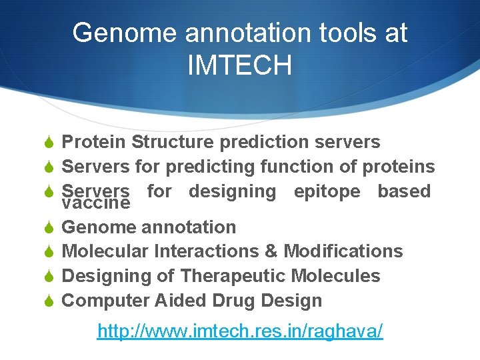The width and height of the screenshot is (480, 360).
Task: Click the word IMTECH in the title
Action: (x=239, y=65)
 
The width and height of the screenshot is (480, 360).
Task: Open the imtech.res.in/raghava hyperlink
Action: (x=240, y=331)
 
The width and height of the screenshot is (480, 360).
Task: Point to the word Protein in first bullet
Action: (x=94, y=142)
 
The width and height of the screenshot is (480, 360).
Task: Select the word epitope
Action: (x=327, y=191)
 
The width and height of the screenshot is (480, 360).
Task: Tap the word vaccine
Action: (x=95, y=203)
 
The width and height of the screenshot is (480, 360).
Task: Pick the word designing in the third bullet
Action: (x=232, y=191)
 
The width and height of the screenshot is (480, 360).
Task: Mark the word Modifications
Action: (x=343, y=251)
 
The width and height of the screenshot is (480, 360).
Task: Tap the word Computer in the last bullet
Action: (x=106, y=301)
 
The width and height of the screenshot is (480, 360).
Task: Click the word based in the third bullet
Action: (x=404, y=191)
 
